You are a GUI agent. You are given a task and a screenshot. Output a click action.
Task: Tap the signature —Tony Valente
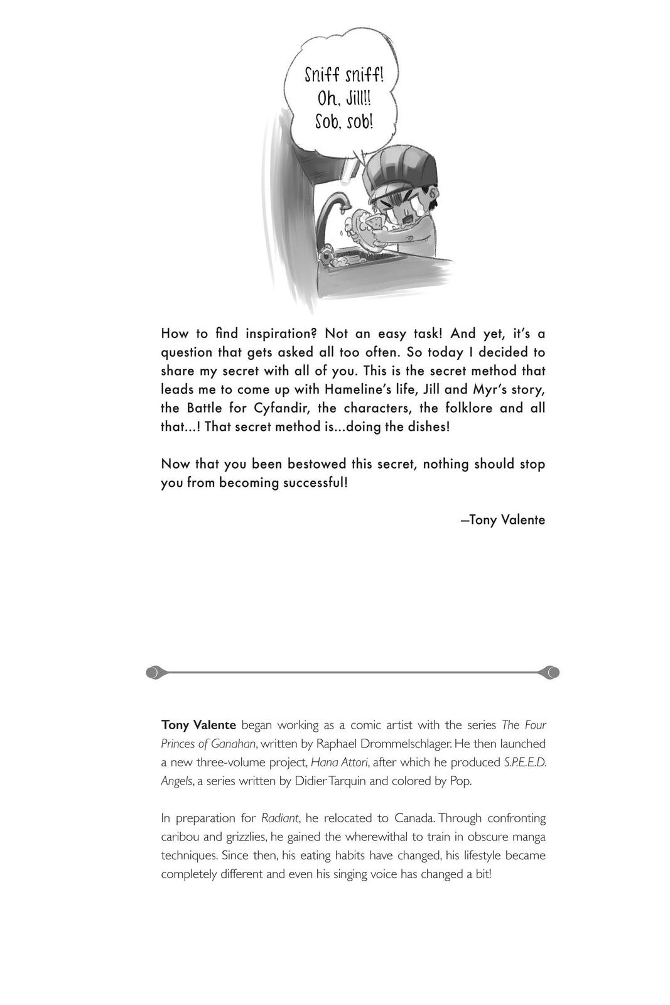pyautogui.click(x=502, y=520)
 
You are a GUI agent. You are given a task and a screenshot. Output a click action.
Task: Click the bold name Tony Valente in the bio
pyautogui.click(x=198, y=725)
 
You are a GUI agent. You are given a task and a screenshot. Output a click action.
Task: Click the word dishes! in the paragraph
pyautogui.click(x=426, y=426)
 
